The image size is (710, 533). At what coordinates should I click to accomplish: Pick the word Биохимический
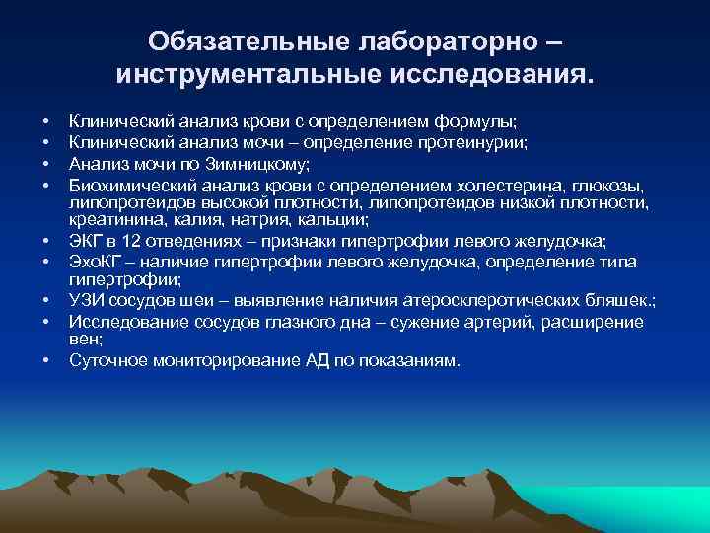[x=126, y=185]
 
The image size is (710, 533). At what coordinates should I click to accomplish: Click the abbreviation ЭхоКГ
[x=94, y=261]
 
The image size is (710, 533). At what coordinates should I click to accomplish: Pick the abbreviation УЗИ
[x=85, y=301]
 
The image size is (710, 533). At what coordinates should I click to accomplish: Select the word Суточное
[x=108, y=360]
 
